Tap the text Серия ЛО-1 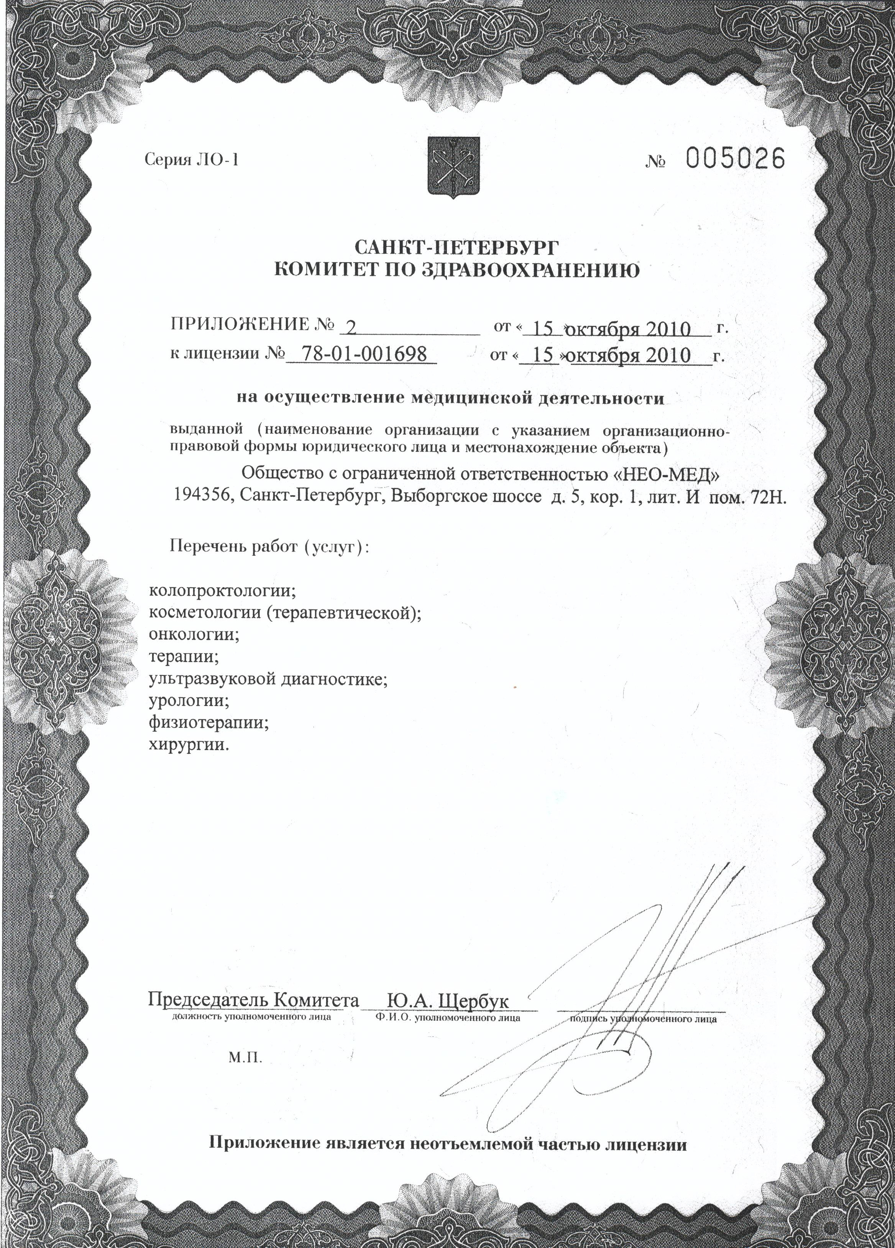coord(192,160)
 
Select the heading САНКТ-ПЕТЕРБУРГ coord(456,246)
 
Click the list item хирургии coord(188,745)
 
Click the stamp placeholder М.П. coord(245,1057)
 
